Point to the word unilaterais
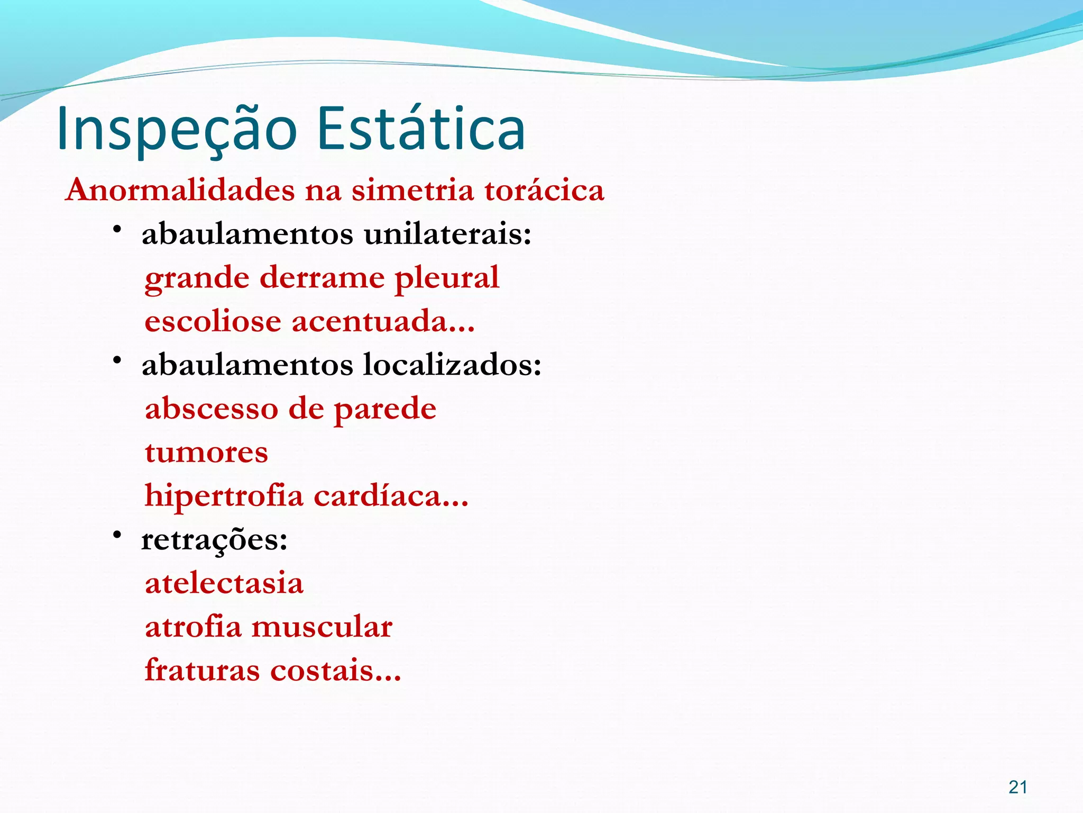coord(447,234)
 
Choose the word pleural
coord(447,278)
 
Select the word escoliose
coord(213,322)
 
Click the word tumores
coord(206,453)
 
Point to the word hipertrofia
coord(224,496)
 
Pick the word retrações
coord(214,540)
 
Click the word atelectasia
coord(224,583)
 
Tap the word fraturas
coord(203,671)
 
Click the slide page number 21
coord(1017,787)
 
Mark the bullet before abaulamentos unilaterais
coord(117,229)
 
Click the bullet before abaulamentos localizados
coord(117,360)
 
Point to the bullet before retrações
coord(117,535)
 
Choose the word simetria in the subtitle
coord(413,190)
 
